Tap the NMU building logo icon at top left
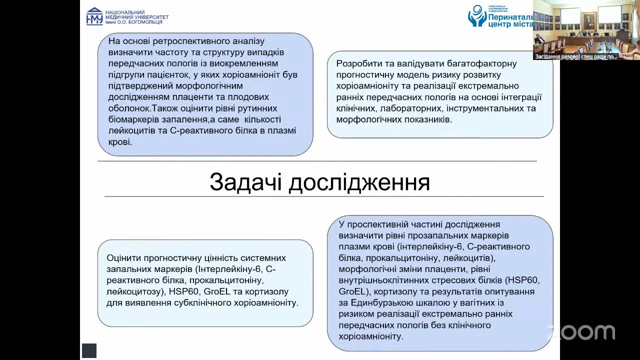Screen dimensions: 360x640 pos(94,16)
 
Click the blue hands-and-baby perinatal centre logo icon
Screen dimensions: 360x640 pos(476,15)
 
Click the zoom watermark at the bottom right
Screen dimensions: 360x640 pos(581,332)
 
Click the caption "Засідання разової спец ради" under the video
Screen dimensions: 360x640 pos(575,56)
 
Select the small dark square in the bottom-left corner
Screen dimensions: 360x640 pos(89,350)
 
